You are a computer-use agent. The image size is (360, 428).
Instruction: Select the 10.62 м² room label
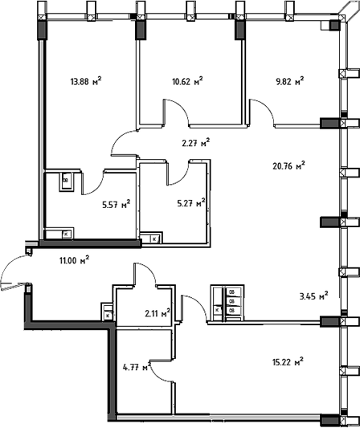pos(187,81)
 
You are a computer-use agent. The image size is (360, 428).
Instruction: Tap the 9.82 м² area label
pos(290,81)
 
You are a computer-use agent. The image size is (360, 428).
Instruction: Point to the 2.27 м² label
pos(196,142)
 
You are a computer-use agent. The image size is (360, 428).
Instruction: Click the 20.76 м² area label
pos(288,165)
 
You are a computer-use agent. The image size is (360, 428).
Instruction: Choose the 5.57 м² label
pos(116,204)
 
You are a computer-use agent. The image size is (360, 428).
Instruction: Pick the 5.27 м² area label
pos(191,203)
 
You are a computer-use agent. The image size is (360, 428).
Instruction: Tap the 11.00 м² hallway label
pos(75,260)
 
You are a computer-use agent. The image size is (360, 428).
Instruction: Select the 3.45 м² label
pos(314,296)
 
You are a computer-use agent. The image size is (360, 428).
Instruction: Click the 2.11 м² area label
pos(157,313)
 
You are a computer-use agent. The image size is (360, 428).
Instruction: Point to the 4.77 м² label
pos(137,367)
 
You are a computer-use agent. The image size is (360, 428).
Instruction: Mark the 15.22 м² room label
pos(288,362)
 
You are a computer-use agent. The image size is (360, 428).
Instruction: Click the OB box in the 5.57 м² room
pos(66,181)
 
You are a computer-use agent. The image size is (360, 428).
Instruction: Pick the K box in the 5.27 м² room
pos(154,239)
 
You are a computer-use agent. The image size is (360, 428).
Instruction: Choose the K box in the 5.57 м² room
pos(66,234)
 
